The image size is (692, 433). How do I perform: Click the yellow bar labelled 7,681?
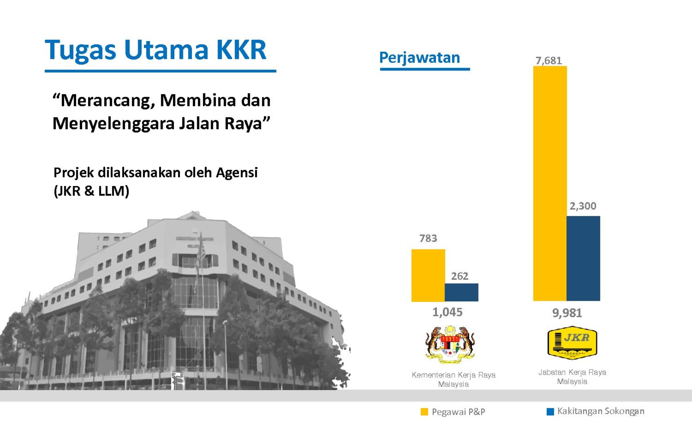[550, 183]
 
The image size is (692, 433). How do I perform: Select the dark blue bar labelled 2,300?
[583, 258]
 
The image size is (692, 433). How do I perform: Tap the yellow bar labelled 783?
[428, 276]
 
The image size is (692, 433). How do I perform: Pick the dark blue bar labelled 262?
[461, 292]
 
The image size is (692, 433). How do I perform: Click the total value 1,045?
[447, 312]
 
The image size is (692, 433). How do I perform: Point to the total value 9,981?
[567, 313]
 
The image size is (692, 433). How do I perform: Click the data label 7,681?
[549, 61]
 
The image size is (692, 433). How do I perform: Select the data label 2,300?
[583, 206]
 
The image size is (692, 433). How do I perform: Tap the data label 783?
[428, 238]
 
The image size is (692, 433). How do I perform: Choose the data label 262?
[460, 276]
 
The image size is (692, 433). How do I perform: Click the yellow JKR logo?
[572, 343]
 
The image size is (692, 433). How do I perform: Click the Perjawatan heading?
[420, 58]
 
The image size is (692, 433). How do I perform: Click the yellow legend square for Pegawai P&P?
[424, 412]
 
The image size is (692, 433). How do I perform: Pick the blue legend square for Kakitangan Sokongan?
[550, 412]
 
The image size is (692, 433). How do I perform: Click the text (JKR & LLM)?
[91, 191]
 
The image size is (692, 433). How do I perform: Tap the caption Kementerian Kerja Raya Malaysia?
[454, 379]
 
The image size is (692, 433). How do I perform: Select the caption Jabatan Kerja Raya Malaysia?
[572, 377]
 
